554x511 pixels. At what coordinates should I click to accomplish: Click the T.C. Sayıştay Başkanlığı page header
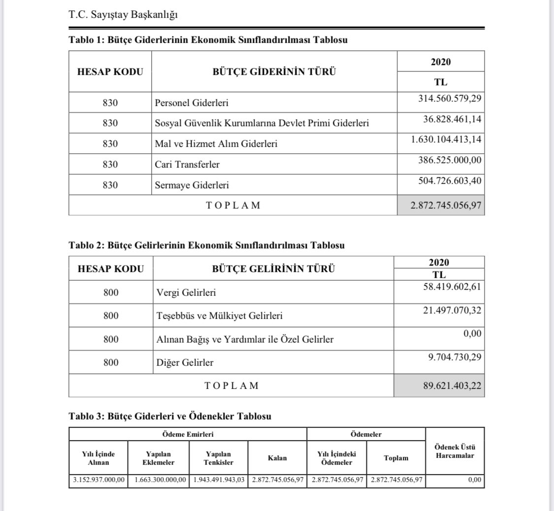[123, 15]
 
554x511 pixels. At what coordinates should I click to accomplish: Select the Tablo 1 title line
[208, 40]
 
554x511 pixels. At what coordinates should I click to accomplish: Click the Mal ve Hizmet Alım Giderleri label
[216, 144]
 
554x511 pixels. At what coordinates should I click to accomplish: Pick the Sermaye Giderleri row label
[192, 186]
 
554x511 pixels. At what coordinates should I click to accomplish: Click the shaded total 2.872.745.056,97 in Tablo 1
[442, 205]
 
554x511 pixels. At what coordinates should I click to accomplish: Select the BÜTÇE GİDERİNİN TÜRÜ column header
[274, 71]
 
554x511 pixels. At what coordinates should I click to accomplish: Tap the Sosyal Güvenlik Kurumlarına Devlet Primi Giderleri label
[261, 124]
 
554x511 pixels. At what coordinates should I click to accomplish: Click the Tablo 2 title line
[207, 245]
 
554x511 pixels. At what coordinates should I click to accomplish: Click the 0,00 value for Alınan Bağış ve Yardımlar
[472, 334]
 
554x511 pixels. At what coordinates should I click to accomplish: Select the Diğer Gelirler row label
[184, 363]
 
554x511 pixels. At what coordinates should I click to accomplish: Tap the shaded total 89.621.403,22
[451, 385]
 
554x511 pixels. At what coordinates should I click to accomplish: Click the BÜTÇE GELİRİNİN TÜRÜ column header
[273, 269]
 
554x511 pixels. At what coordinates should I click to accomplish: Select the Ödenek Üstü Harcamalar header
[455, 451]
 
